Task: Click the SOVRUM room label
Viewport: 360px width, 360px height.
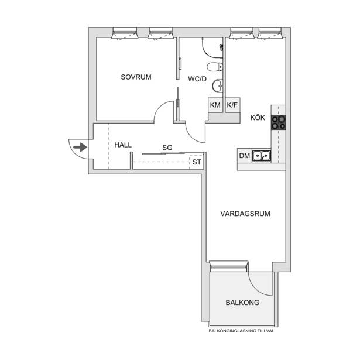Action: pyautogui.click(x=136, y=77)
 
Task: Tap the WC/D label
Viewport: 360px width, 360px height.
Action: pyautogui.click(x=197, y=79)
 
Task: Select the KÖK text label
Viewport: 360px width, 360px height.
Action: pyautogui.click(x=258, y=118)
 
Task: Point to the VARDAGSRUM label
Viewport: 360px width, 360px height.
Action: pyautogui.click(x=245, y=214)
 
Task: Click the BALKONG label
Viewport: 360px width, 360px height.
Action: pyautogui.click(x=242, y=303)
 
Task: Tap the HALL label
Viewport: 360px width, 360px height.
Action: pyautogui.click(x=123, y=145)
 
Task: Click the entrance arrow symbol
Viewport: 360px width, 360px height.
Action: pyautogui.click(x=80, y=147)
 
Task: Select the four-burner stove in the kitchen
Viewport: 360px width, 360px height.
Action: pyautogui.click(x=279, y=122)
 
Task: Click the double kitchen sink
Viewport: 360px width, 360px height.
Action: pyautogui.click(x=261, y=156)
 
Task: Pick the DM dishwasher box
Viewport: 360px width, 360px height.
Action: pyautogui.click(x=245, y=156)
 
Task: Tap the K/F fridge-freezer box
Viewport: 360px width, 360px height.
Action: pyautogui.click(x=232, y=105)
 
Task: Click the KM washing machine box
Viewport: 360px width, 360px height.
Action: pyautogui.click(x=215, y=105)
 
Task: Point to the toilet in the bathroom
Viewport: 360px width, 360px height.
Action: pyautogui.click(x=215, y=67)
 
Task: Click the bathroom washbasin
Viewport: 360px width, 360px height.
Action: pyautogui.click(x=217, y=86)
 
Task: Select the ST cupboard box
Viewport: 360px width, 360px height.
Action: pyautogui.click(x=196, y=162)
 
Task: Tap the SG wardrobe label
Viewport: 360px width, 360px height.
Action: pyautogui.click(x=167, y=148)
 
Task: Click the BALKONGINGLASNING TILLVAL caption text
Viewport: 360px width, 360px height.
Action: pyautogui.click(x=241, y=331)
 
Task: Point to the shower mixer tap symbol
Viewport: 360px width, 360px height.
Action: pyautogui.click(x=221, y=47)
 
